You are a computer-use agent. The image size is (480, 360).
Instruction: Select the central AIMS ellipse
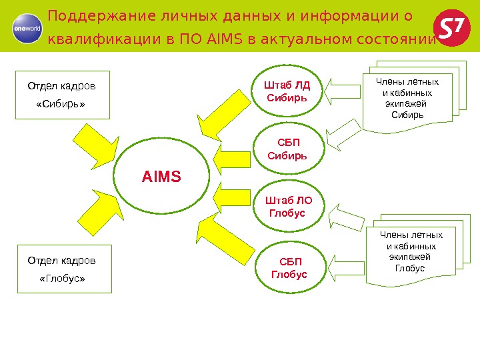[161, 177]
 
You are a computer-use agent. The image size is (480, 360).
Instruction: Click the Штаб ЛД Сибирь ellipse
[288, 91]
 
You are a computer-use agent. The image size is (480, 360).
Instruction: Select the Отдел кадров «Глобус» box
[64, 269]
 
